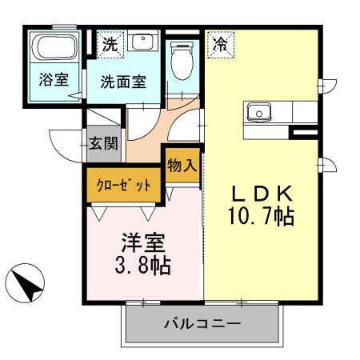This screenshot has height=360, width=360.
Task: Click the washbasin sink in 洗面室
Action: [x=142, y=42]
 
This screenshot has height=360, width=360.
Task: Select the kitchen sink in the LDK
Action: [x=261, y=113]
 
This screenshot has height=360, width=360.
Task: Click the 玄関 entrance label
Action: [x=103, y=145]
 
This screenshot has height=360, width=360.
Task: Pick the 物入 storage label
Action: [x=182, y=166]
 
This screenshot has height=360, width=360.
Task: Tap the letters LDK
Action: [x=263, y=194]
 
